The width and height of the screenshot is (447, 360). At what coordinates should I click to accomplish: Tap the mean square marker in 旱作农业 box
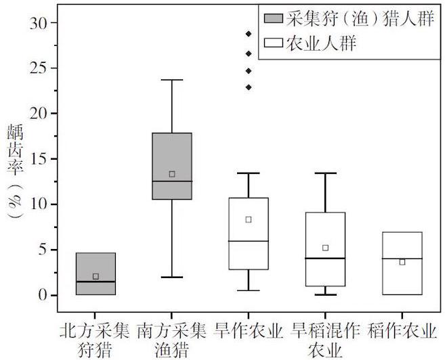click(249, 219)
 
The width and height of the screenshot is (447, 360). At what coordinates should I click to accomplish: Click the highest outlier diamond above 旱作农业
click(249, 33)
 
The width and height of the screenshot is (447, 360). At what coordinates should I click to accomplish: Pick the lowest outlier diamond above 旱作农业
click(249, 87)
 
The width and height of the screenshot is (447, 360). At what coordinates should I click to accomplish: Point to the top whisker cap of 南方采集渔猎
click(172, 80)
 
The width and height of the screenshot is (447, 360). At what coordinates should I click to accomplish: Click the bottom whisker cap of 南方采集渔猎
click(172, 277)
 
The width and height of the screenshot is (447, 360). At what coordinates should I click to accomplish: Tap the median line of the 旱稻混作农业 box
click(325, 258)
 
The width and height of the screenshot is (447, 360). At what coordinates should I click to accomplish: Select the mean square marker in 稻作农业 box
click(402, 262)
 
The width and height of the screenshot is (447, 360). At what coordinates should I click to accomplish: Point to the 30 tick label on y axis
click(41, 23)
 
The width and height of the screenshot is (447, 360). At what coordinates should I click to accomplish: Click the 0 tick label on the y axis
click(45, 295)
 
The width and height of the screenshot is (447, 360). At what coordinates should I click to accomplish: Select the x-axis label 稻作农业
click(402, 332)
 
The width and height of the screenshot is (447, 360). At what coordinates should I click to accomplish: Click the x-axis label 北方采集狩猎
click(95, 340)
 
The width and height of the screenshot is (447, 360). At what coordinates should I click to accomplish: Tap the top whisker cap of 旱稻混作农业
click(325, 173)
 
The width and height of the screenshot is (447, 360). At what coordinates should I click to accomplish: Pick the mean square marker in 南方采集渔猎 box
click(172, 174)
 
